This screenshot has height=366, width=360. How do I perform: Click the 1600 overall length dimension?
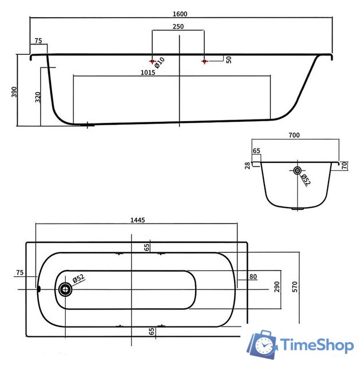click(x=180, y=14)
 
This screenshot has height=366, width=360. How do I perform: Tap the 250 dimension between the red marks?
click(x=178, y=27)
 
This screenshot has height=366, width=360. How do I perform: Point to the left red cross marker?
click(x=153, y=61)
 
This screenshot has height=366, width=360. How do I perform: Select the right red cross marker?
click(x=205, y=61)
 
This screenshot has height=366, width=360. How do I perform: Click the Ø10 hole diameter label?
click(x=160, y=63)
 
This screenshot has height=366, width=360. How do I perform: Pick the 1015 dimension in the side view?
click(x=148, y=73)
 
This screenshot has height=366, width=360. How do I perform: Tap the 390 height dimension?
click(x=14, y=92)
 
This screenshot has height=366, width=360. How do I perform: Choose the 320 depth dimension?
click(x=38, y=97)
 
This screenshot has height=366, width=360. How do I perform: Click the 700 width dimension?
click(x=294, y=135)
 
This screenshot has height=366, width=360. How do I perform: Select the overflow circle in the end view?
click(x=297, y=170)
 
